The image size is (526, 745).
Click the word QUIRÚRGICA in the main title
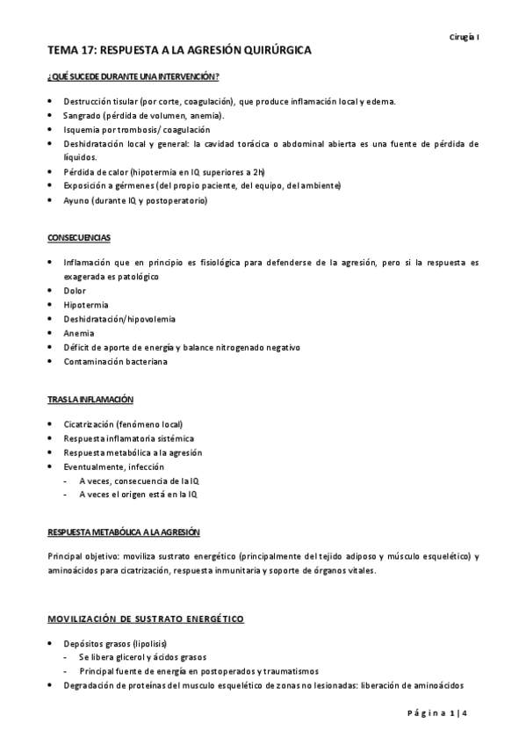pos(258,52)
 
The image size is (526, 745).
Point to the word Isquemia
pos(81,129)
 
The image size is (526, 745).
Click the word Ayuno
pos(76,200)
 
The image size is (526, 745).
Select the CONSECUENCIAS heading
pos(79,238)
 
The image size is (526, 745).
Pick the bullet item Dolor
pos(74,291)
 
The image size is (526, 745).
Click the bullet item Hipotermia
pos(84,305)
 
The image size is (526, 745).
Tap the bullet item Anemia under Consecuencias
pos(78,333)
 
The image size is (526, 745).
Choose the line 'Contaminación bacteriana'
pos(115,361)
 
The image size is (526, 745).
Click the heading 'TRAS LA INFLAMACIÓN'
pos(90,400)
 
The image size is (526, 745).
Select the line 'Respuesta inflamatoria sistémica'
pos(129,438)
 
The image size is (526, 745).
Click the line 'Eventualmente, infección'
pos(113,467)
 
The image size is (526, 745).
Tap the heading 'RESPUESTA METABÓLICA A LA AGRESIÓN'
pos(124,532)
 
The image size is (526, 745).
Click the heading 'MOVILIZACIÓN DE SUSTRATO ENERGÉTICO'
pos(146,619)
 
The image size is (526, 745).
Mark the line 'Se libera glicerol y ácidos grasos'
pos(142,657)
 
